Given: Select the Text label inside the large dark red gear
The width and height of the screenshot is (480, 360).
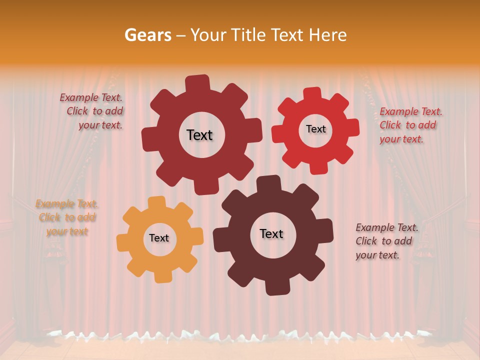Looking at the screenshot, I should click(199, 135).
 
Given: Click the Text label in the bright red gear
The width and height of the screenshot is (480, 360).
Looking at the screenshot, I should click(315, 129).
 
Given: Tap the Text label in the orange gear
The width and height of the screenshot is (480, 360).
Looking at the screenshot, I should click(158, 238).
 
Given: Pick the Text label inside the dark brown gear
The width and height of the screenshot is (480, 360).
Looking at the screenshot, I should click(271, 233).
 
